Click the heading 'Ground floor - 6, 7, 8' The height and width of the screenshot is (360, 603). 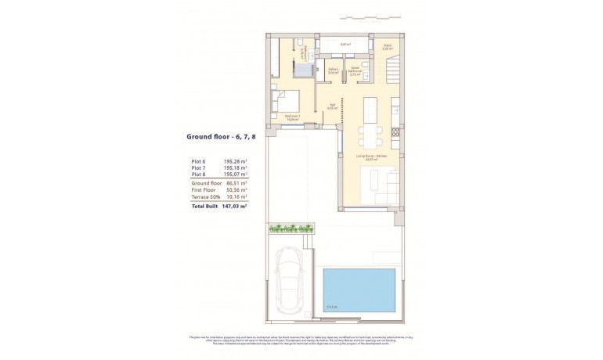(x=217, y=136)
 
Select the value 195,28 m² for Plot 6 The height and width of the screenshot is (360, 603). (x=235, y=161)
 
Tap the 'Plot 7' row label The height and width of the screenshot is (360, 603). (x=200, y=168)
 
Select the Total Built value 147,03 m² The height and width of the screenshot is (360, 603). (x=233, y=207)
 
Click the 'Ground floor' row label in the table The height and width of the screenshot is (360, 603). (x=208, y=183)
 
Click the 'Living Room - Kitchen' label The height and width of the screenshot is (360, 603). (x=372, y=157)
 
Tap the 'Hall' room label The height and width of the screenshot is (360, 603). (x=332, y=107)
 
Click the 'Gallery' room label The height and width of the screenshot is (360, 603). (x=333, y=70)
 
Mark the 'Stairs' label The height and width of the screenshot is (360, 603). (x=387, y=46)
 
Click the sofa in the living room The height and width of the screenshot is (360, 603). (x=387, y=185)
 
